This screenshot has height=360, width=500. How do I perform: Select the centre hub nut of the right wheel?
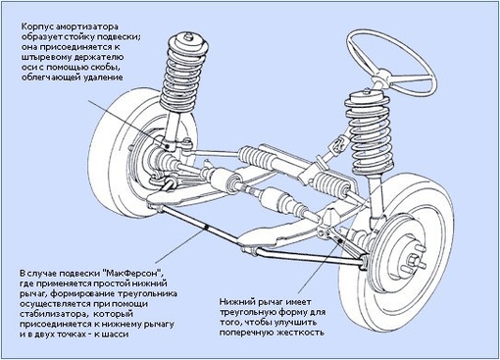click(413, 261)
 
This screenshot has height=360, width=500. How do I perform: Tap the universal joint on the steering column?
click(339, 145)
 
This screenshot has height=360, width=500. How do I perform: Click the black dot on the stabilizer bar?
click(206, 227)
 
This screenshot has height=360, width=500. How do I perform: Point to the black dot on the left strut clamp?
click(168, 146)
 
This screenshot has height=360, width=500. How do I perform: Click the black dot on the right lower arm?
click(341, 241)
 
